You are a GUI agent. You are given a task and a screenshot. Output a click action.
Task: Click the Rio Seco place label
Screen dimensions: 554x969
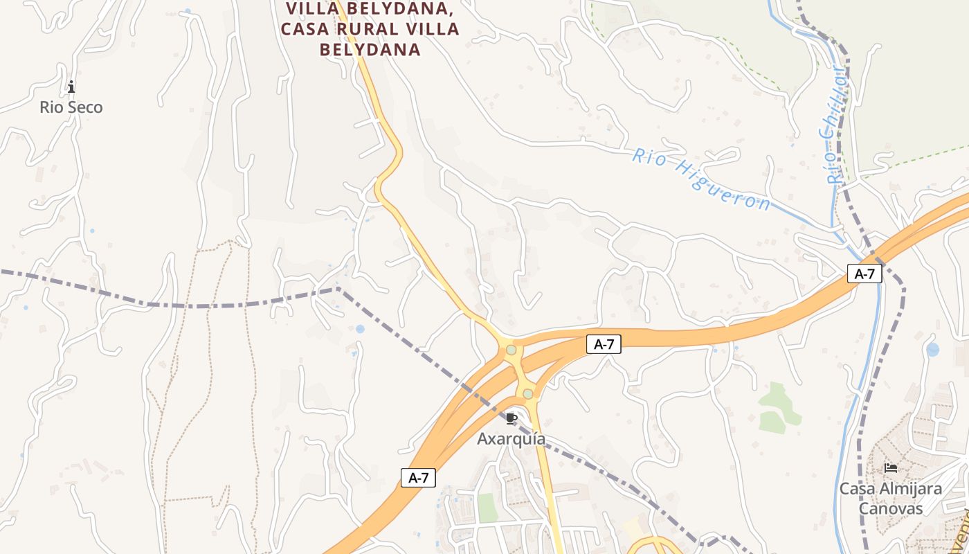[71, 107]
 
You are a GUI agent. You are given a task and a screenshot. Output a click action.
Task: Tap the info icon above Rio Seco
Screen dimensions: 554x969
[71, 87]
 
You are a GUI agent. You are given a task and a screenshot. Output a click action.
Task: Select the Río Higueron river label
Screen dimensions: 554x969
[700, 179]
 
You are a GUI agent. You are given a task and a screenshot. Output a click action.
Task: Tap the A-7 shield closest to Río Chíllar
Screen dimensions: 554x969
[864, 274]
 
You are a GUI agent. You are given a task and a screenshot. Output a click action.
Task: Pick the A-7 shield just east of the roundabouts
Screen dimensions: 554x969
[604, 344]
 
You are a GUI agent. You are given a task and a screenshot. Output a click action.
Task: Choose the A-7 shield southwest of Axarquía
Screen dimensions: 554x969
[418, 477]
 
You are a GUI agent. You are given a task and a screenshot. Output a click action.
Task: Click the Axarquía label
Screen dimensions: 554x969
[511, 439]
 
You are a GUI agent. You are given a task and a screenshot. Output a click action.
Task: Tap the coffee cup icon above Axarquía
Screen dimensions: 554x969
[511, 418]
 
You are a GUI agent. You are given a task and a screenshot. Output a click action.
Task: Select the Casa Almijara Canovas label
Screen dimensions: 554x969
[890, 498]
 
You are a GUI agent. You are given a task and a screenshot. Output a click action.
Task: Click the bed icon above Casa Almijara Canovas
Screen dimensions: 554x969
[891, 468]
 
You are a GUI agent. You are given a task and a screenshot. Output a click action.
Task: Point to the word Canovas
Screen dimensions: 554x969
[891, 508]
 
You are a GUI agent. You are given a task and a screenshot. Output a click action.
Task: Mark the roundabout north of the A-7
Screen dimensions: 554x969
[511, 350]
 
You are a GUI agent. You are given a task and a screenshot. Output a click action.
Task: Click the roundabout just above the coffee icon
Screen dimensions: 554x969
[528, 393]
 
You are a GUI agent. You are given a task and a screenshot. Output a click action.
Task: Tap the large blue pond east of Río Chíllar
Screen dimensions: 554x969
[933, 350]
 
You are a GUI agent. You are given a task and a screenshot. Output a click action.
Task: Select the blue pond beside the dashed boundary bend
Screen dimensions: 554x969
[360, 329]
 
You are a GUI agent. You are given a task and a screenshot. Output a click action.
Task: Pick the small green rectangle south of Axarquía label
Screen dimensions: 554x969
[487, 508]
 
